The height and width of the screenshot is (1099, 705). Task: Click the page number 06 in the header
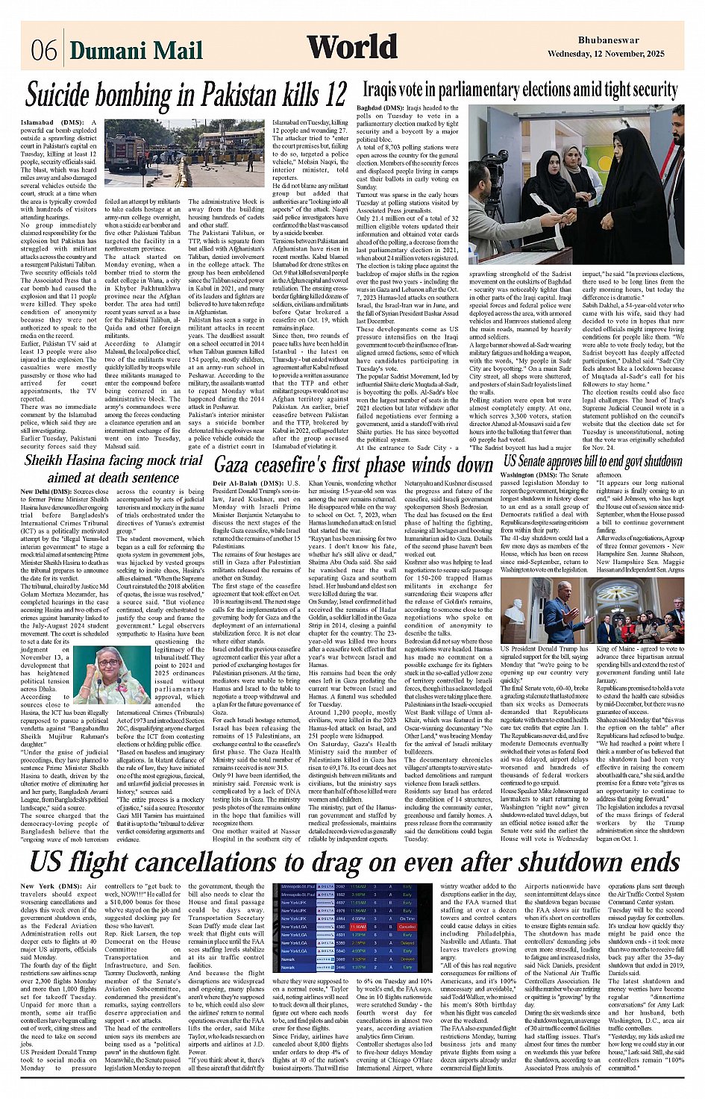(44, 51)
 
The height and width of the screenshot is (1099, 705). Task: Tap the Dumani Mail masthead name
(136, 51)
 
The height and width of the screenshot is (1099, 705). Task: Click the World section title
(351, 48)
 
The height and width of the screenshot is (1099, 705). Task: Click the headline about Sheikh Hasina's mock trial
(113, 469)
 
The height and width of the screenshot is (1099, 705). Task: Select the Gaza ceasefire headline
(354, 465)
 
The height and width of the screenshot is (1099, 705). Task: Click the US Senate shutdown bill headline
(592, 461)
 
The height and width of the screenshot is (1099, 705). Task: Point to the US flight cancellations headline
(354, 862)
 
